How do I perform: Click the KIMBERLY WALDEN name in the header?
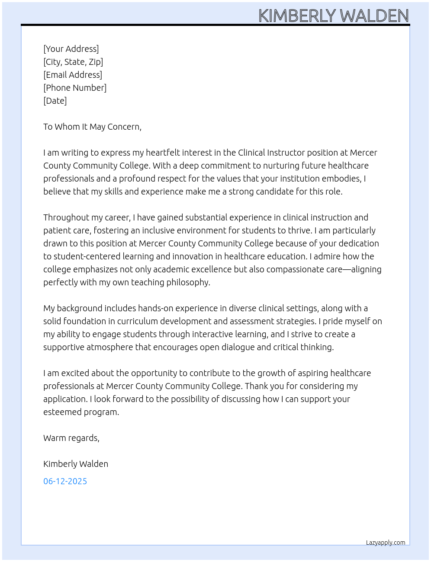point(333,16)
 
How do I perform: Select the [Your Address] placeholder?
point(71,49)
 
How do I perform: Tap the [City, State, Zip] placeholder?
point(73,62)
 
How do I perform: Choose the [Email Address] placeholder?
point(73,75)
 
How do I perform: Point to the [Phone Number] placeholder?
point(75,88)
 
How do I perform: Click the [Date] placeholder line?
point(55,101)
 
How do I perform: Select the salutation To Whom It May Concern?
point(92,127)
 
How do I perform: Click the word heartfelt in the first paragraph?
point(161,153)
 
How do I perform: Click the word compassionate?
point(298,269)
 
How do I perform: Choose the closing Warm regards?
point(71,438)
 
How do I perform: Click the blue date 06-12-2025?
point(65,481)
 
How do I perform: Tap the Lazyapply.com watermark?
point(386,543)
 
